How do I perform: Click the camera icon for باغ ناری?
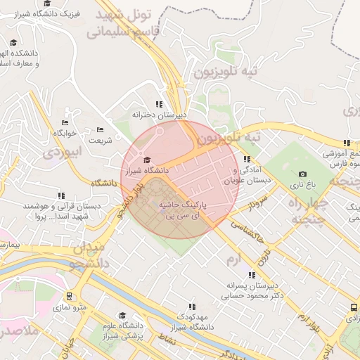pyautogui.click(x=302, y=174)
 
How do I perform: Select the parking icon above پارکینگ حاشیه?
pyautogui.click(x=164, y=191)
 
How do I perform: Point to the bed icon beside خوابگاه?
pyautogui.click(x=65, y=122)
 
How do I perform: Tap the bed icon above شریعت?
pyautogui.click(x=100, y=129)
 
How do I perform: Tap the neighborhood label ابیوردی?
pyautogui.click(x=63, y=151)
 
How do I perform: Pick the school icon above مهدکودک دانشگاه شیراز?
pyautogui.click(x=191, y=307)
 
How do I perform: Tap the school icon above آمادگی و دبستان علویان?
pyautogui.click(x=247, y=160)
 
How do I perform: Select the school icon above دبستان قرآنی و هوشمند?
pyautogui.click(x=61, y=196)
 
